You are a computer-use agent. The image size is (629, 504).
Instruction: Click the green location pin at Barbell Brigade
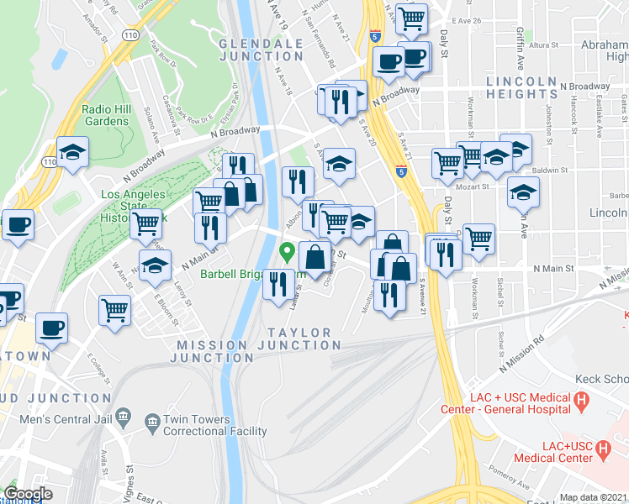(x=287, y=250)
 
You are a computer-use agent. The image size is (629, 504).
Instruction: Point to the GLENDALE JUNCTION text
(x=261, y=50)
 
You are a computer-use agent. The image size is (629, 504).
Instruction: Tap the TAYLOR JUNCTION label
(x=299, y=333)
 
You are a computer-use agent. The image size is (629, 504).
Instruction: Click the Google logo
(x=28, y=494)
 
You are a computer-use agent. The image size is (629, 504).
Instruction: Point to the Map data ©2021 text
(x=593, y=497)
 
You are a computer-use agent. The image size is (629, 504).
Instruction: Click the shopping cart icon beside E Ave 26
(x=410, y=18)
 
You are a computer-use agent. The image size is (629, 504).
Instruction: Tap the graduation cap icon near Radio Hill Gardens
(x=73, y=152)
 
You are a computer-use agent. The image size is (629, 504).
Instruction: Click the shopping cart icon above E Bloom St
(x=114, y=308)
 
